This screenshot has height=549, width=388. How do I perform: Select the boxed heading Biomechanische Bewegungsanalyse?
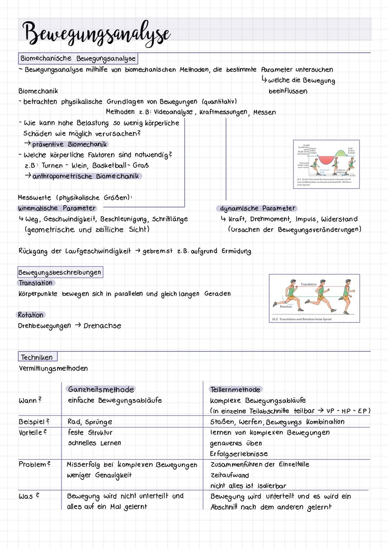click(x=78, y=58)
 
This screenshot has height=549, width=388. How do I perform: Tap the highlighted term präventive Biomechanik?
click(x=69, y=144)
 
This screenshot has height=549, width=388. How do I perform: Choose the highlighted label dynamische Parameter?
click(x=257, y=208)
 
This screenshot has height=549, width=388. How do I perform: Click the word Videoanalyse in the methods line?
click(x=173, y=112)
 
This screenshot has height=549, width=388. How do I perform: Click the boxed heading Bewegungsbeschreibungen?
click(x=60, y=272)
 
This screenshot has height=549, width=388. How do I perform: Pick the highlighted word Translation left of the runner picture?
click(x=36, y=283)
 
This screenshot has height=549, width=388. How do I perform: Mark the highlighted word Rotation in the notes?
click(x=31, y=315)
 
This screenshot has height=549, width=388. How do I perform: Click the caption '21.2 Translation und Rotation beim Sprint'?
click(x=302, y=319)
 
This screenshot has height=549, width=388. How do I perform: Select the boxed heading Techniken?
click(x=37, y=357)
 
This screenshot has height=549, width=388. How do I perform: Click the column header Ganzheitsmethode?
click(x=101, y=390)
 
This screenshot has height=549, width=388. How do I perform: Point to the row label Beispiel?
click(x=34, y=422)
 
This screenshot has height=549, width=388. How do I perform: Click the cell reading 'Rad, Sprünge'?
click(x=90, y=422)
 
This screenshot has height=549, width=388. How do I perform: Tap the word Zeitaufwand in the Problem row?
click(x=230, y=475)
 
